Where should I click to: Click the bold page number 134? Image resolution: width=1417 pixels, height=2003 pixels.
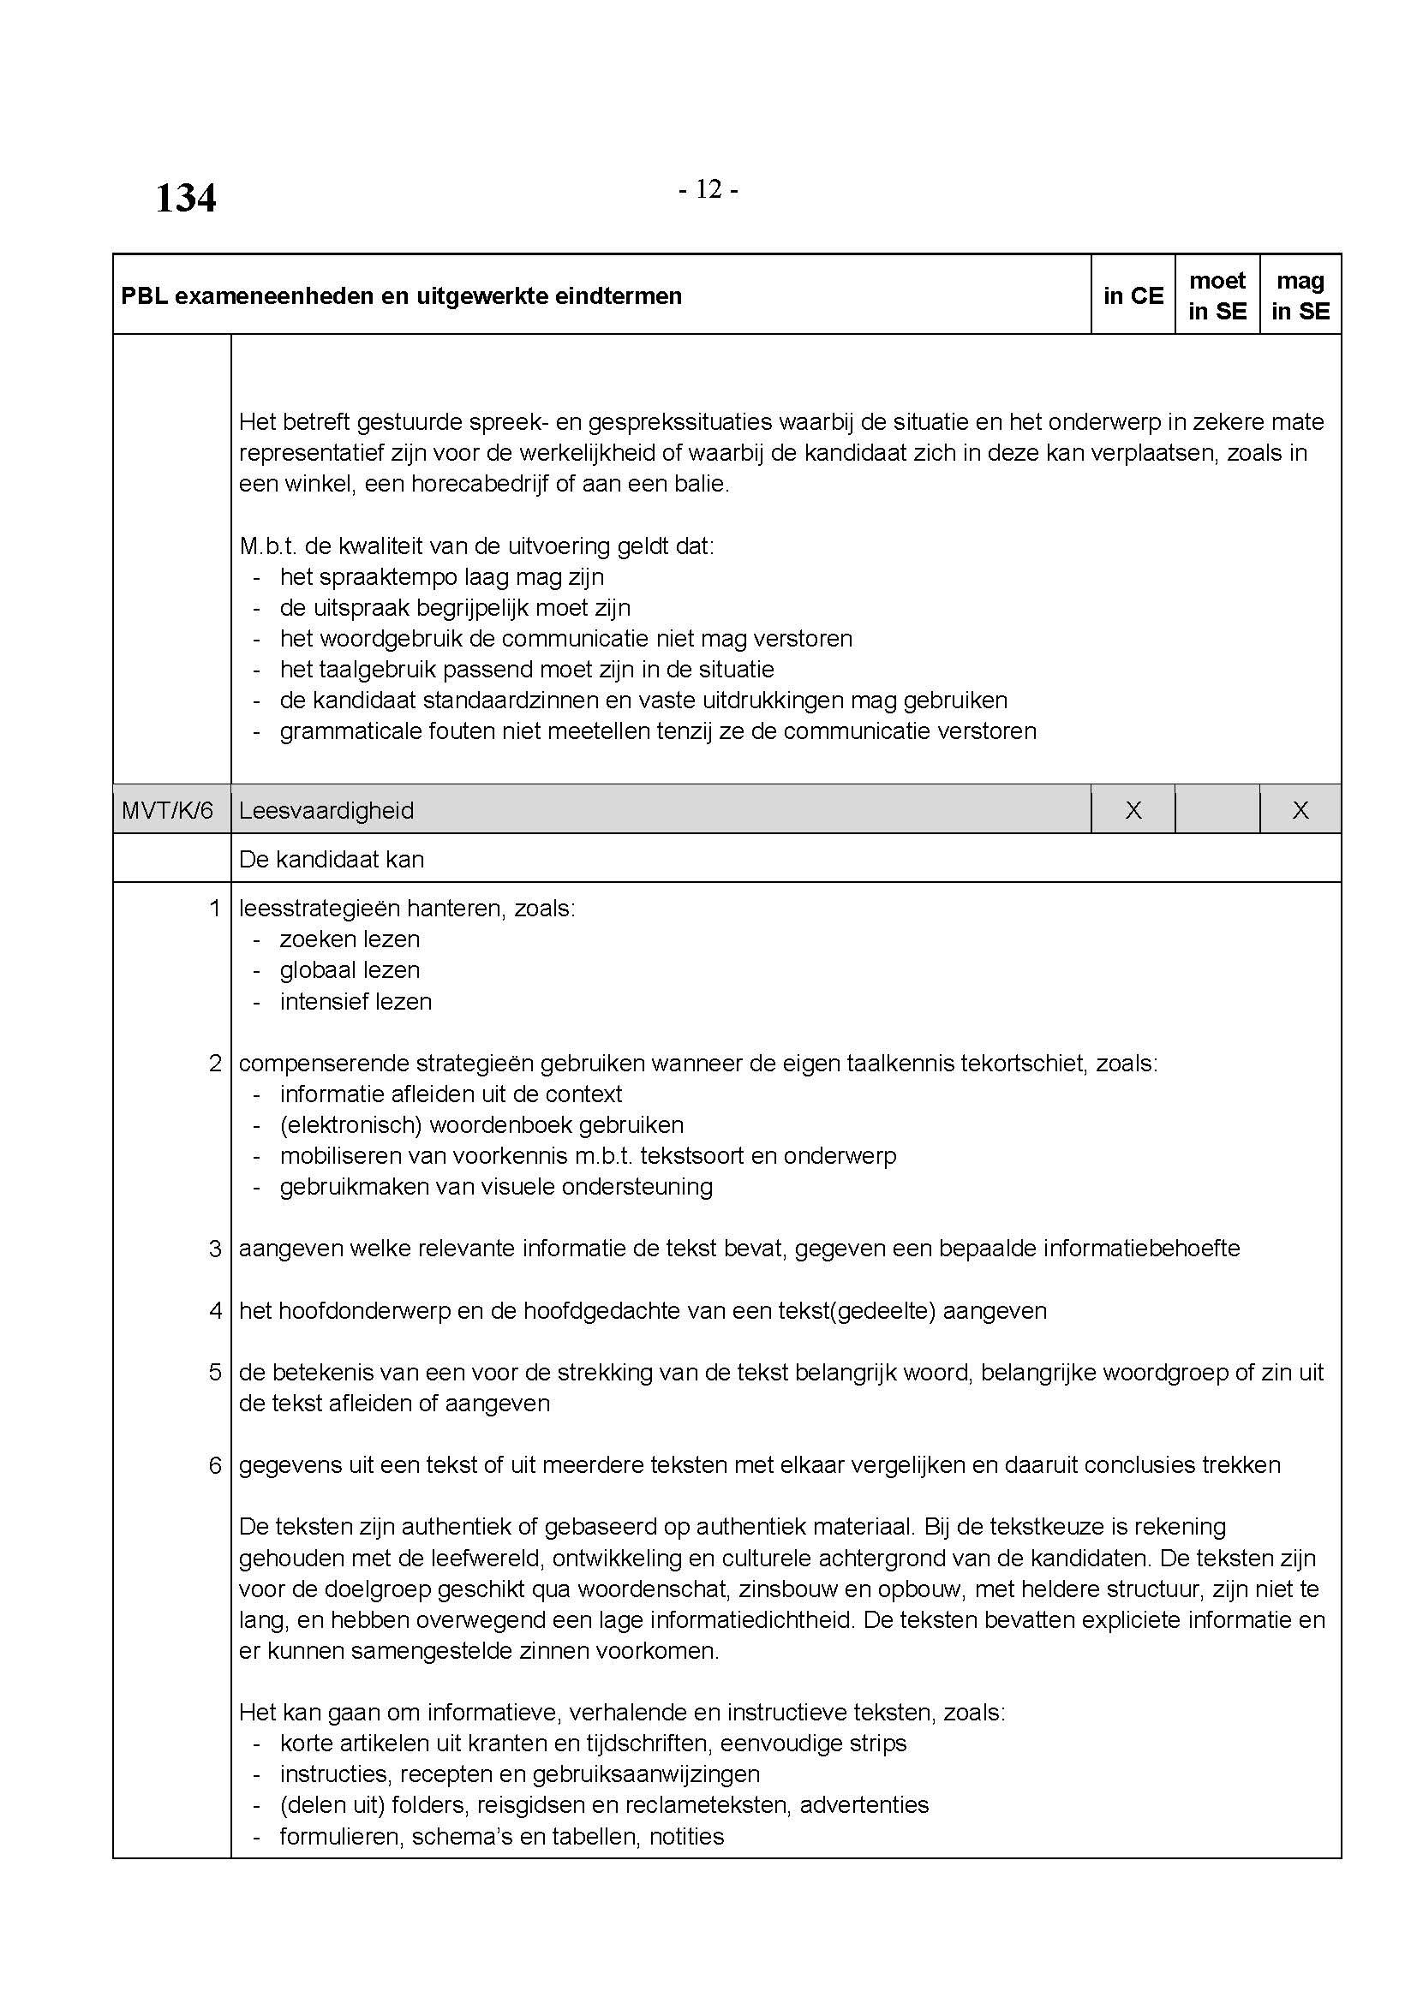185,198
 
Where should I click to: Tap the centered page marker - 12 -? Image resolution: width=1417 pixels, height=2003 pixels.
708,189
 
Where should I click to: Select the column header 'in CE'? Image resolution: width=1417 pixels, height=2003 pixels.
1133,295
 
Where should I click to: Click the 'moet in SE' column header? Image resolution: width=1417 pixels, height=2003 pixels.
1217,295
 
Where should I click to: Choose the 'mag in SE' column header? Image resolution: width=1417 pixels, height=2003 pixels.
1300,295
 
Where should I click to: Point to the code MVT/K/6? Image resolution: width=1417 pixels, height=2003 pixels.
168,810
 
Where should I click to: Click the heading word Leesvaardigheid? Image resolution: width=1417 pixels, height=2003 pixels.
326,810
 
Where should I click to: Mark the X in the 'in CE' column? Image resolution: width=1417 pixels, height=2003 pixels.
1133,810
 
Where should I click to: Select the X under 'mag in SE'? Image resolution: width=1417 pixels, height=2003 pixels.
1300,810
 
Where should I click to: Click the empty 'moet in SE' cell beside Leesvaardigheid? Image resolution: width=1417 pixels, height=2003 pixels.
1217,810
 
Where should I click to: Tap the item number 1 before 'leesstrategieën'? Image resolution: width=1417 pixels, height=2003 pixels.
215,908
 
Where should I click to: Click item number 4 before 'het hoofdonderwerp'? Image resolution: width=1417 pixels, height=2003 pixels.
215,1310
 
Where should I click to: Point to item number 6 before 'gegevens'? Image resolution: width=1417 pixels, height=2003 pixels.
215,1464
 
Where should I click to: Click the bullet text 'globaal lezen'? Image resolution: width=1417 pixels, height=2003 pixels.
350,970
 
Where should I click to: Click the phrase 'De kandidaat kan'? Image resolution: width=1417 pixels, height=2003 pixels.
332,859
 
